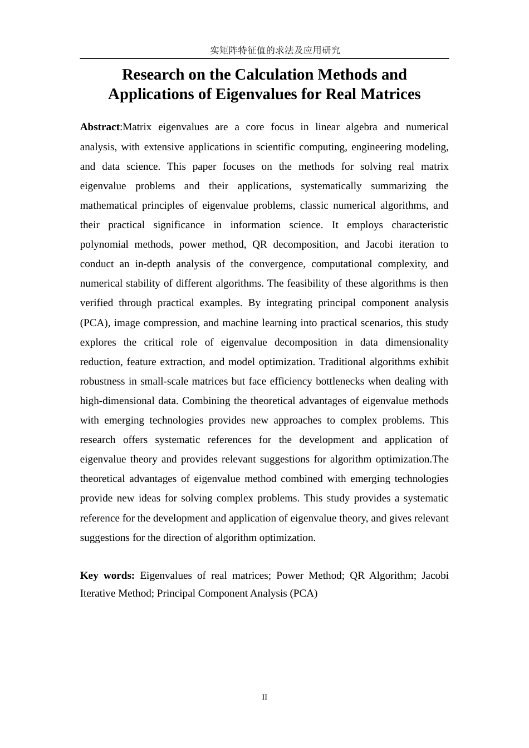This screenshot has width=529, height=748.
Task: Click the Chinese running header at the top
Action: pos(275,50)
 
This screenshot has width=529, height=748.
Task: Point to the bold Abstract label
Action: pos(100,127)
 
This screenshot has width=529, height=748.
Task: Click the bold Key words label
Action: pos(107,575)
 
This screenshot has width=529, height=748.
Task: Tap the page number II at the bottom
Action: pos(264,697)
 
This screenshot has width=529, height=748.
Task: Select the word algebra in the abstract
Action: pos(361,127)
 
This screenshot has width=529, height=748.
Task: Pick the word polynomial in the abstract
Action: pos(103,244)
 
